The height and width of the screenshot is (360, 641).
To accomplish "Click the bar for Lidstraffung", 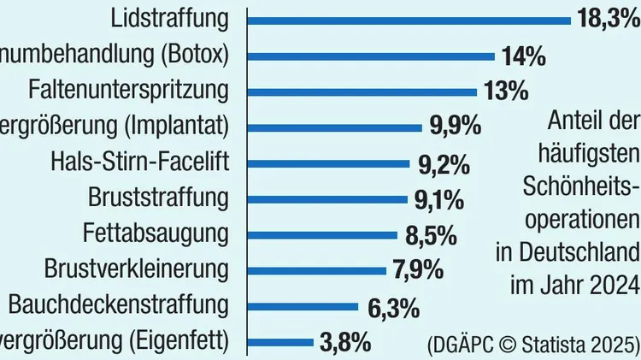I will pos(409,19).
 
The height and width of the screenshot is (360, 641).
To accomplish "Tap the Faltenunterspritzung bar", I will pos(362,91).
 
